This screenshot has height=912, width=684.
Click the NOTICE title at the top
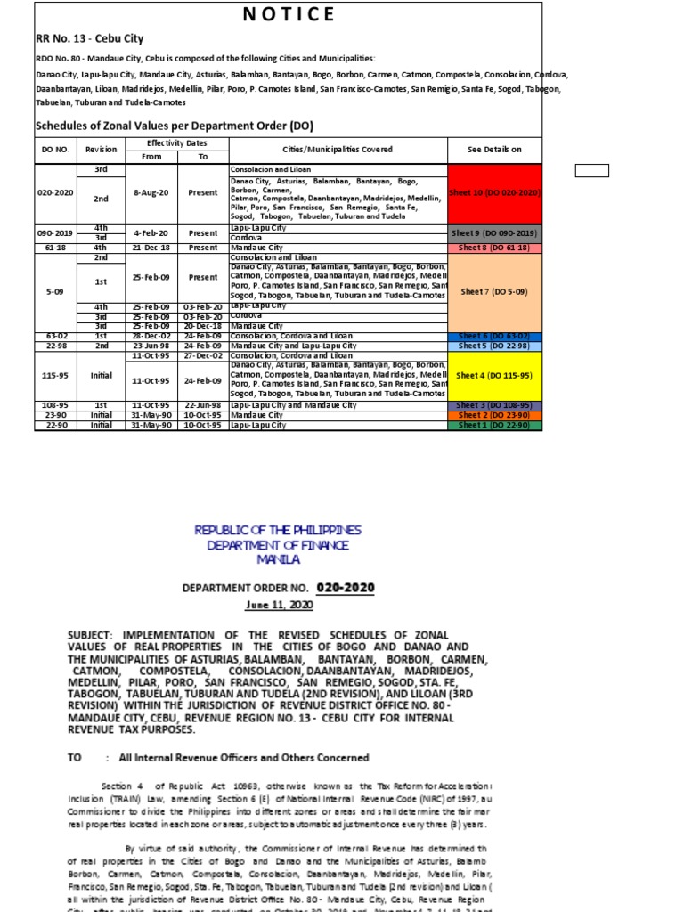289,14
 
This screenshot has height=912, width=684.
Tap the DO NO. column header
55,150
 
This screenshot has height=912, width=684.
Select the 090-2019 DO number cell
55,232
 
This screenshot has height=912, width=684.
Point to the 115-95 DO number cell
55,376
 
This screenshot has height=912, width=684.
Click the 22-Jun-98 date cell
203,405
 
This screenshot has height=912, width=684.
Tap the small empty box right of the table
591,171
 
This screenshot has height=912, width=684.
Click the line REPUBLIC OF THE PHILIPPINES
278,531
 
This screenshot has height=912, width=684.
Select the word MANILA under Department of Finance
278,560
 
